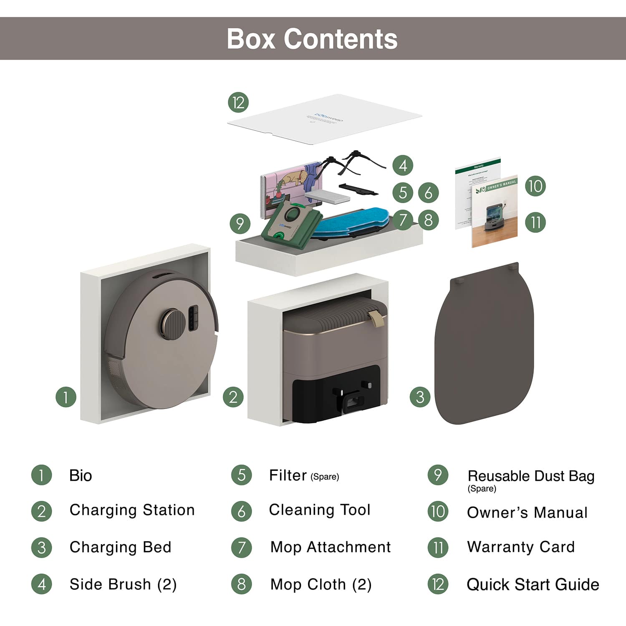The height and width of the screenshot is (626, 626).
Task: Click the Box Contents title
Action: click(312, 39)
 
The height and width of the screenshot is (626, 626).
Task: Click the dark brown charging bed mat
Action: click(484, 346)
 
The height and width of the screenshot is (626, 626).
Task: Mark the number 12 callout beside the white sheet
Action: click(238, 103)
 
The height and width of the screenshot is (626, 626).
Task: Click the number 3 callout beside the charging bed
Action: click(420, 396)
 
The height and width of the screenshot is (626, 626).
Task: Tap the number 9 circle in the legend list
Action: click(438, 475)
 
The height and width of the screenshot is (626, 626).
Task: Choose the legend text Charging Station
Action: click(132, 510)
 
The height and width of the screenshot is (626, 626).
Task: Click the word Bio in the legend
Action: click(81, 475)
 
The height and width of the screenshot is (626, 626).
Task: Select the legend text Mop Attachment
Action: click(330, 547)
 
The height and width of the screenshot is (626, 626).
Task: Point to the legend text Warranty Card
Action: click(521, 547)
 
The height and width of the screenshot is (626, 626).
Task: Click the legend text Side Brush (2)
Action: click(123, 584)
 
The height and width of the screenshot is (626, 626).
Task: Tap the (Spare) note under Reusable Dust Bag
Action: click(482, 489)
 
